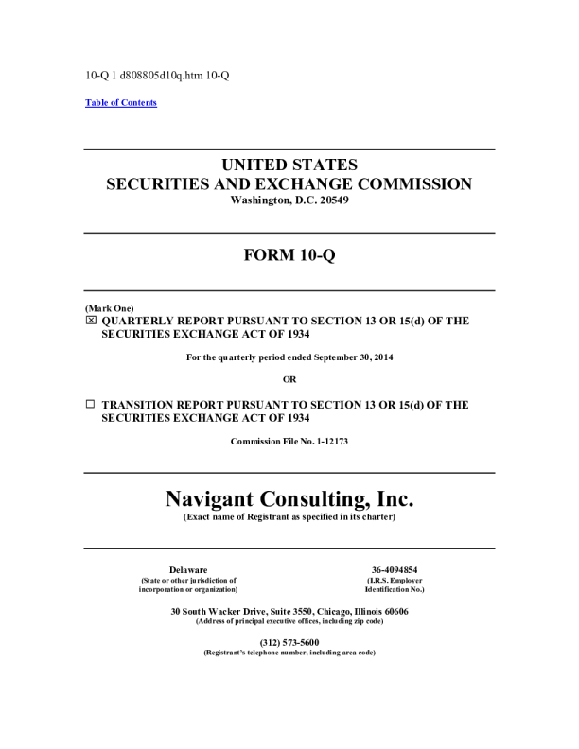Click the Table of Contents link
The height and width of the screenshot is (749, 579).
pos(121,103)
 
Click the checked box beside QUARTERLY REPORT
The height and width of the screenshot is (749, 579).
pos(91,322)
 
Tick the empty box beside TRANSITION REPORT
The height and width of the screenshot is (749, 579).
pos(91,404)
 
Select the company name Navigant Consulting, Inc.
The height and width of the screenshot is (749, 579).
pos(289,497)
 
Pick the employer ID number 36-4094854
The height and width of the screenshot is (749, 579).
pos(395,569)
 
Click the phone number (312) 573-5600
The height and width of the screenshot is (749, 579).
pos(289,643)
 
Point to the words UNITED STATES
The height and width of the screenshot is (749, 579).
pos(289,165)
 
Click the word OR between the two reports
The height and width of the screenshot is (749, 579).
pos(289,379)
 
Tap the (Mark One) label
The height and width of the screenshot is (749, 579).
pos(110,309)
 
